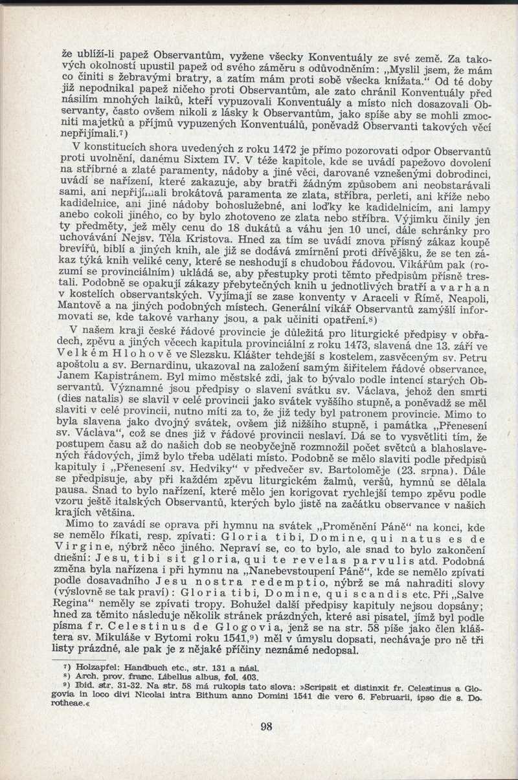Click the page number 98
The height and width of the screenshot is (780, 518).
click(x=266, y=726)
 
